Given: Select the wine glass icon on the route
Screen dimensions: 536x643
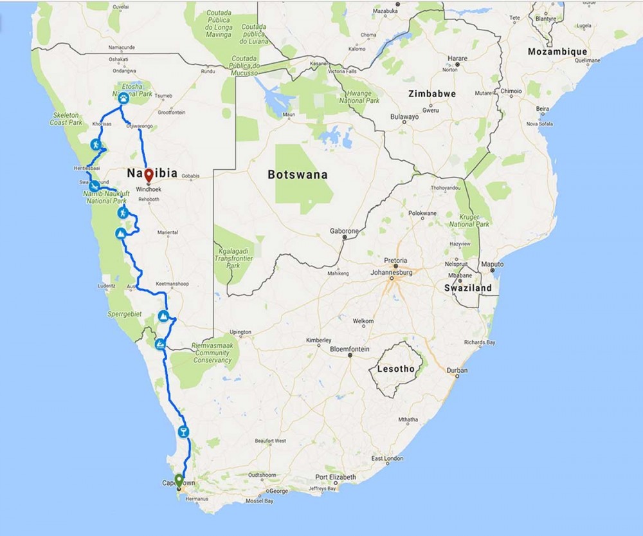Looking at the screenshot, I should (184, 430).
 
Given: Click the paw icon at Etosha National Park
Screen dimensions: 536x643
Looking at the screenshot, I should (123, 98).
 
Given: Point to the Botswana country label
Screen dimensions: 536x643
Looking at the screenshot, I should (298, 174).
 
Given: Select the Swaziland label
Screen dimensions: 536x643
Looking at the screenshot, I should (468, 288).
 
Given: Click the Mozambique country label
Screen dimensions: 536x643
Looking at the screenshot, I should (557, 51).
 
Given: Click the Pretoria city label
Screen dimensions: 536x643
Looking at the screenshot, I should (396, 261).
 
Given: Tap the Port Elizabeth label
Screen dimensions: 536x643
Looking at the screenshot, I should (335, 477).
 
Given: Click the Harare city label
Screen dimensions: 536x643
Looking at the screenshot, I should (457, 59).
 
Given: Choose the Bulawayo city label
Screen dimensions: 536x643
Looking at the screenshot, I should (405, 118).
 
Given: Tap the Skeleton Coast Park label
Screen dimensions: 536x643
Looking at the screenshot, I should (67, 118).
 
